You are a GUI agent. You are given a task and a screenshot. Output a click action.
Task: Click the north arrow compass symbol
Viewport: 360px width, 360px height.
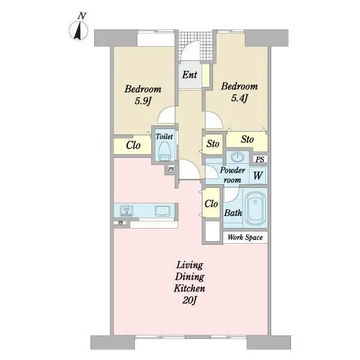pos(79,31)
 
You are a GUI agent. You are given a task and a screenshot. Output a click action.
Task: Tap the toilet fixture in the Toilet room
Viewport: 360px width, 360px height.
pos(164,151)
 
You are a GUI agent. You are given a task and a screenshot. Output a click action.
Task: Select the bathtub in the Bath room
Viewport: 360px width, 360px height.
pos(255,208)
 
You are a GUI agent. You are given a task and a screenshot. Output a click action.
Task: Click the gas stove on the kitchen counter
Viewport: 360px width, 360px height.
pos(127,211)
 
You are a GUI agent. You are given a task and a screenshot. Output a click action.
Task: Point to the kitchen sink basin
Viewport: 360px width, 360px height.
pos(163,211)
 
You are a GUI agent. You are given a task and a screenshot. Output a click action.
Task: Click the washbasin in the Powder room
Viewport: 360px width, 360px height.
pos(238,157)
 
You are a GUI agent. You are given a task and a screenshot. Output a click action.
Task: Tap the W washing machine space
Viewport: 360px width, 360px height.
pos(258,175)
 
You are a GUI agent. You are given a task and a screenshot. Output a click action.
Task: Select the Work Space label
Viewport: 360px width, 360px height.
pos(245,237)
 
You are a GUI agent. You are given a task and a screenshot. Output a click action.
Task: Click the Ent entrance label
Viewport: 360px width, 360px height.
pos(190,74)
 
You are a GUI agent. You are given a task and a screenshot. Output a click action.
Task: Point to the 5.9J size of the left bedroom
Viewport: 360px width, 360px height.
pos(142,101)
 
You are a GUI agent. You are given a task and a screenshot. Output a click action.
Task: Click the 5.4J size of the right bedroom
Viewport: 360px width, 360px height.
pos(239,98)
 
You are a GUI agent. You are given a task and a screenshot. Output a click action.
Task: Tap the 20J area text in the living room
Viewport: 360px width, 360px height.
pos(190,300)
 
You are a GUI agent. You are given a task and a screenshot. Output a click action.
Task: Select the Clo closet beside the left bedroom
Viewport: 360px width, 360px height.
pos(133,145)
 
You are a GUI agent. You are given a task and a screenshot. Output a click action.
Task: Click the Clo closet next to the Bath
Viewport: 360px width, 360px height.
pos(211,203)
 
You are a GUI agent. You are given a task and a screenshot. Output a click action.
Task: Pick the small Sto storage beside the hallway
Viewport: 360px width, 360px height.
pos(212,144)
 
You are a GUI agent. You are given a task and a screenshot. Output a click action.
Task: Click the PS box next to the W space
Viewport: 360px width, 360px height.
pos(260,159)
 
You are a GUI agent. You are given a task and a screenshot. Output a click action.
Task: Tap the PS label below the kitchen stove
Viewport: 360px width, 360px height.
pos(121,223)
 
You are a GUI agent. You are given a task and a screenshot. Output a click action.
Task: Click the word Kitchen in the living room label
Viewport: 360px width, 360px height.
pos(190,288)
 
